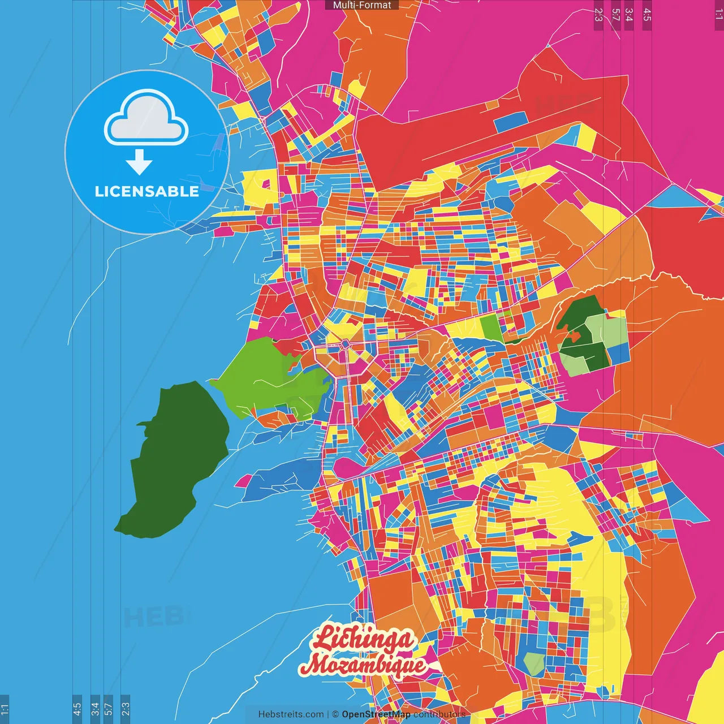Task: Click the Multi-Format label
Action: pos(361,5)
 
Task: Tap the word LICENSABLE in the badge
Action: pos(147,191)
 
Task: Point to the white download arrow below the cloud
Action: pos(139,162)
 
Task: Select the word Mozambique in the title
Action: pos(363,665)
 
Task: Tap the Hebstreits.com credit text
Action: pos(291,714)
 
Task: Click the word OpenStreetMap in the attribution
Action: pos(376,714)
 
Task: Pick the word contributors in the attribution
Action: pos(439,714)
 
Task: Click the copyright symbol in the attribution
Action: pos(335,714)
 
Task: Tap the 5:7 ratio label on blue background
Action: pos(108,708)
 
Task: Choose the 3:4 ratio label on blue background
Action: pos(95,708)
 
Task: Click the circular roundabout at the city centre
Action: pos(345,344)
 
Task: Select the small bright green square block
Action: pos(490,327)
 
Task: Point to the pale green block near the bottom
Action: pos(534,663)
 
